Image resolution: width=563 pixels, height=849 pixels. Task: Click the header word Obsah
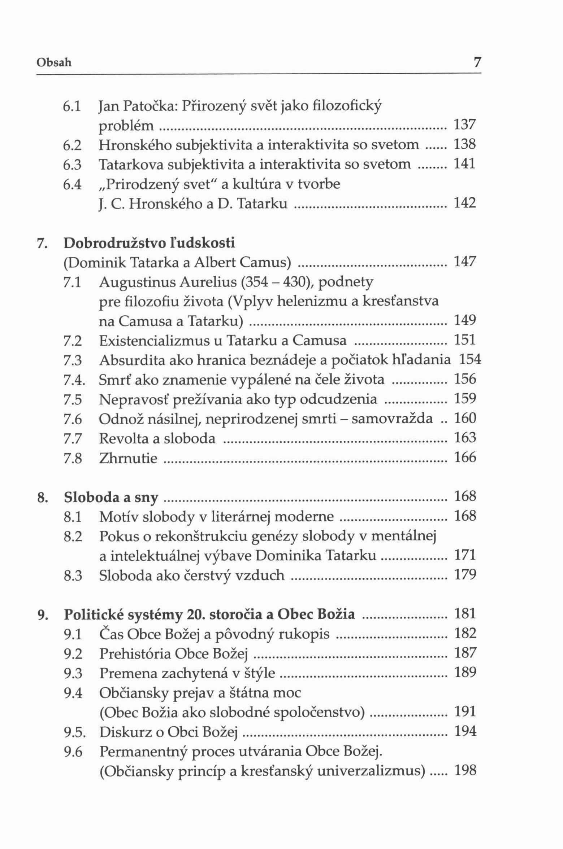[54, 63]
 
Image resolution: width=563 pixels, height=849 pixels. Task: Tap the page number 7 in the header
[477, 63]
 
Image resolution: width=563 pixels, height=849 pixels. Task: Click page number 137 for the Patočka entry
[465, 124]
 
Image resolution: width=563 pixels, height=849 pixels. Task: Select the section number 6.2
[72, 145]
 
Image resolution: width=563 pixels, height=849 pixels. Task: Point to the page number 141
[465, 164]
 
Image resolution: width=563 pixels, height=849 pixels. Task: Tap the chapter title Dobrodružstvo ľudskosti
[149, 243]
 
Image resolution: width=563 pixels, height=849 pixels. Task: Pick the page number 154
[470, 359]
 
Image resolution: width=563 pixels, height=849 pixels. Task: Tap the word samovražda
[392, 419]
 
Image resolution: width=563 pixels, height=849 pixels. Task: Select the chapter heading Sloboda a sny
[111, 498]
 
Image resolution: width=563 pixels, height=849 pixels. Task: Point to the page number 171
[465, 555]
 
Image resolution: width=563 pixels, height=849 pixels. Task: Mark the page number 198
[465, 770]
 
